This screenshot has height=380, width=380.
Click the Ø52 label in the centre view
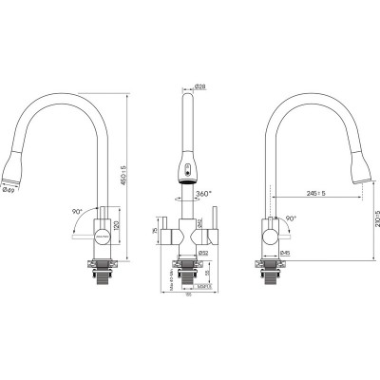(202, 252)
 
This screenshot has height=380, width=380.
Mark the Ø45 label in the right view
(286, 252)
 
